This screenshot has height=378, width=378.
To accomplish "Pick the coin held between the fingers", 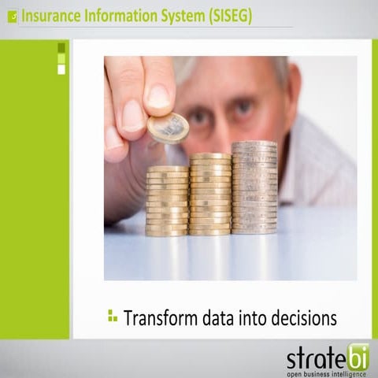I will (x=169, y=128).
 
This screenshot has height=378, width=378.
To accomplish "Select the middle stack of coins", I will (x=210, y=194).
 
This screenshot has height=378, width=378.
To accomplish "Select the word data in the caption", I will (x=223, y=318).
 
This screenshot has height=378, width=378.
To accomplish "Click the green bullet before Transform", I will (x=112, y=317).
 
